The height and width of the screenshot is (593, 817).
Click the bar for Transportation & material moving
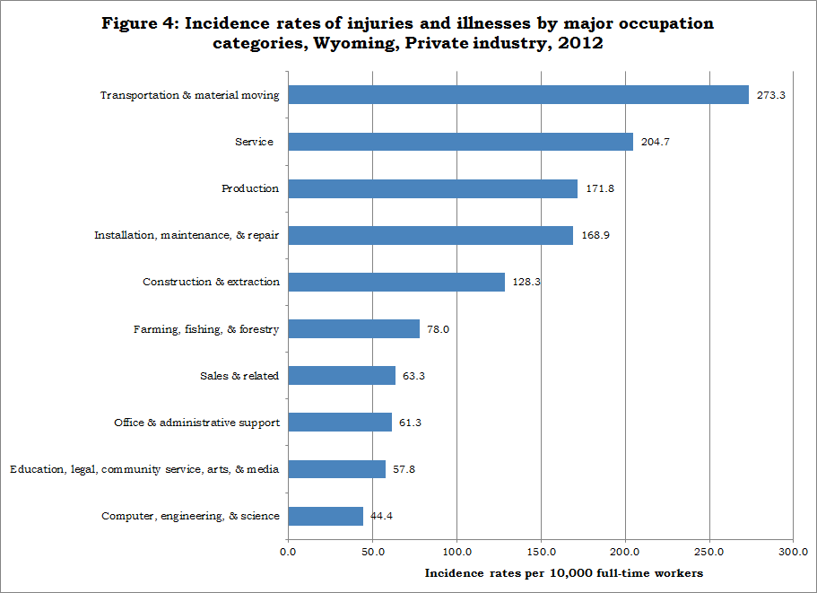[518, 95]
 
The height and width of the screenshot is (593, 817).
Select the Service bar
[461, 142]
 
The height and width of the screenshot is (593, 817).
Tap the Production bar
[433, 188]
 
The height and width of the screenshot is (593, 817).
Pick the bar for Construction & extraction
[396, 282]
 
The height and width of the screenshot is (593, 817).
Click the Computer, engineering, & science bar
[326, 516]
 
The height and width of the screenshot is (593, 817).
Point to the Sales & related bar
[342, 376]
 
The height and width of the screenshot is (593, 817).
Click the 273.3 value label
[771, 95]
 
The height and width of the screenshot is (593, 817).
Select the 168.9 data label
[595, 235]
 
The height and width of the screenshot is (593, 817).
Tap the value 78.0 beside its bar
[439, 329]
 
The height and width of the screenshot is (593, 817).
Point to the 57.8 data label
[404, 469]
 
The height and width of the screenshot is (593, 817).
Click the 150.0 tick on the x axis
[541, 552]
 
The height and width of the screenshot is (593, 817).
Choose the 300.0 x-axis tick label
[793, 552]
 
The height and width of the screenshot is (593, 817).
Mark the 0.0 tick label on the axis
[288, 552]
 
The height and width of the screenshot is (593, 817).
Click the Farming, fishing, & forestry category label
[206, 329]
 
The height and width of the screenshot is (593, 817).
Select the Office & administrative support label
[197, 423]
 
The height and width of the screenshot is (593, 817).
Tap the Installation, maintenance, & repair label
[187, 235]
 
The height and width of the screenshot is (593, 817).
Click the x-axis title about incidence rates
[564, 573]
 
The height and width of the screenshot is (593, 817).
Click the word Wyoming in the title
[353, 43]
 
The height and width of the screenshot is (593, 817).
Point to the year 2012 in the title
[580, 42]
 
